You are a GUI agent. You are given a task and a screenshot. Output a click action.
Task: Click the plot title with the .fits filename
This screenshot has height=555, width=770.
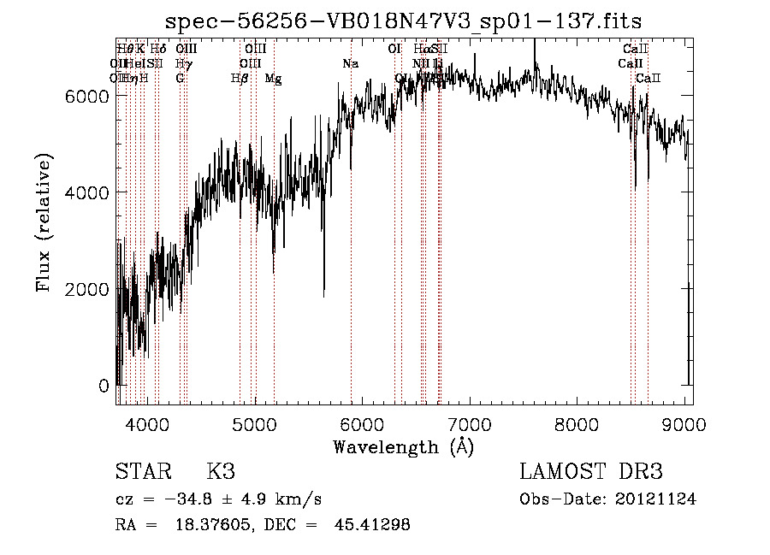(x=403, y=21)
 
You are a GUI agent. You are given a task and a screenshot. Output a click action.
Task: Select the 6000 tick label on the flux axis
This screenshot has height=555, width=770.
(x=87, y=97)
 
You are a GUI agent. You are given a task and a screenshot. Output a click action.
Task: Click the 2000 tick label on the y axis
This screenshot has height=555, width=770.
(x=87, y=289)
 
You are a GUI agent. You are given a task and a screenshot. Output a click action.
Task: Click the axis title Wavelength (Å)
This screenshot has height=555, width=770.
(x=403, y=446)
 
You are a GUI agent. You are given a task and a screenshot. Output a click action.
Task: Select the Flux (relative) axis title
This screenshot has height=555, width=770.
(x=44, y=223)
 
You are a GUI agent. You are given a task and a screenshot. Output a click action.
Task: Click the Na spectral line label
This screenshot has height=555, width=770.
(x=351, y=64)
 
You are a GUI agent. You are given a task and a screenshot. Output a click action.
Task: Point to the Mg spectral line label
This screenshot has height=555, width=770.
(x=273, y=79)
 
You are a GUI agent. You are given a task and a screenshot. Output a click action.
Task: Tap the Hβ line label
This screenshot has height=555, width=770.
(x=240, y=79)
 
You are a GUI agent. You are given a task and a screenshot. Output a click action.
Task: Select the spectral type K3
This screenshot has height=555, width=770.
(x=221, y=472)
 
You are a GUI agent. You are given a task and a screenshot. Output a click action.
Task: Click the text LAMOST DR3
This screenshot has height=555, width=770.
(x=591, y=472)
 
